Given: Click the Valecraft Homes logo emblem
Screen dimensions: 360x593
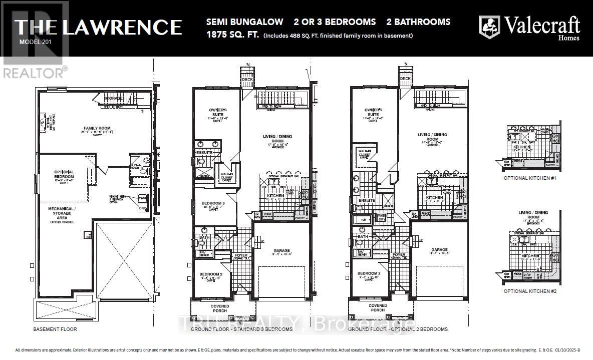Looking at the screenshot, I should pyautogui.click(x=489, y=27).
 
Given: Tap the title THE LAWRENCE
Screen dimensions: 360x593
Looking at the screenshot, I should pyautogui.click(x=98, y=27).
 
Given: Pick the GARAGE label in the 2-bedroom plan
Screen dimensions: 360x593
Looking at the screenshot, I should pyautogui.click(x=439, y=249).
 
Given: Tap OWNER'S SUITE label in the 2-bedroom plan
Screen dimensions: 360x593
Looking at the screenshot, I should pyautogui.click(x=373, y=112).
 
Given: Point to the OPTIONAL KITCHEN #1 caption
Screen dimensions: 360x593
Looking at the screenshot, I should pyautogui.click(x=529, y=178).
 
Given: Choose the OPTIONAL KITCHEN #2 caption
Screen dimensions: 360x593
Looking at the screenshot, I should pyautogui.click(x=529, y=291).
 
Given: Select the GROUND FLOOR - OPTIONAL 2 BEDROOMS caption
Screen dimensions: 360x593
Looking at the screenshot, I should pyautogui.click(x=398, y=329).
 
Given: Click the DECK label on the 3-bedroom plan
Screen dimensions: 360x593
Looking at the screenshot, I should pyautogui.click(x=247, y=79).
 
